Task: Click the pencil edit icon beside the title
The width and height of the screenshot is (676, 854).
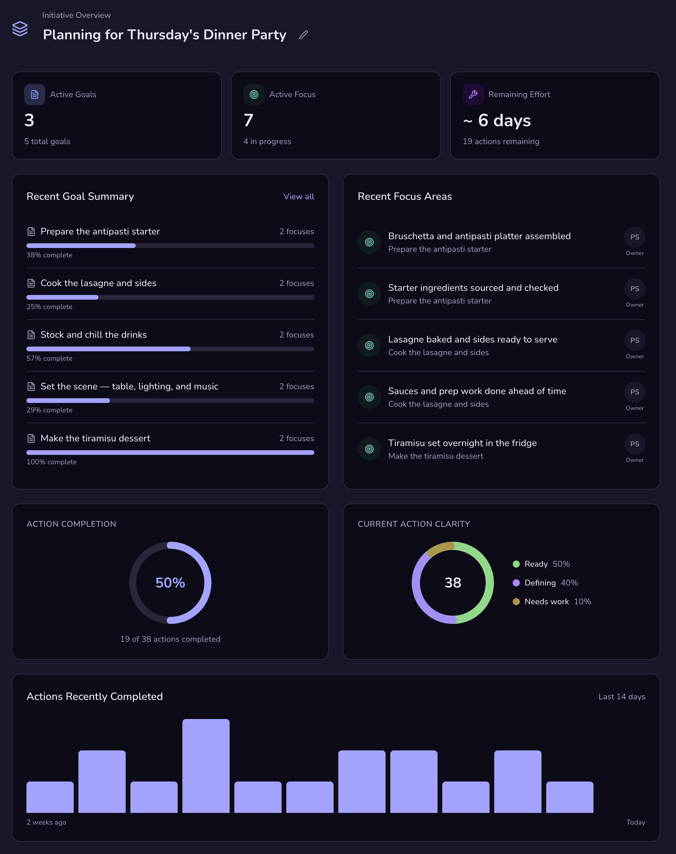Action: (x=304, y=35)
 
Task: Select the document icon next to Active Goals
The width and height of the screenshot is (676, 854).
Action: (x=34, y=94)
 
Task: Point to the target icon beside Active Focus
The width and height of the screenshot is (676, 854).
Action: (x=254, y=94)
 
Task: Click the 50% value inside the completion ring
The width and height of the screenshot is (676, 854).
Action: (x=170, y=583)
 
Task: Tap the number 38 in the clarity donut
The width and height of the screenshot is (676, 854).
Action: (x=453, y=583)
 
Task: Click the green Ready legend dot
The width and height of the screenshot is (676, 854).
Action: (x=516, y=564)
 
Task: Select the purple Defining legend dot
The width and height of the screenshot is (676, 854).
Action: (x=516, y=583)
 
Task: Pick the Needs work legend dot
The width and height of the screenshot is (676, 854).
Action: (x=516, y=602)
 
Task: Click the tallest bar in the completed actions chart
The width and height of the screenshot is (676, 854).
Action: (x=206, y=765)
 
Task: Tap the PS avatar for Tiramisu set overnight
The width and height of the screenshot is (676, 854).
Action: (x=634, y=444)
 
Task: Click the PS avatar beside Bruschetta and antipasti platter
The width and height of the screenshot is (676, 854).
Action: (x=634, y=237)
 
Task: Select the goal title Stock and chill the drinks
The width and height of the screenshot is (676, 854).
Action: (x=93, y=335)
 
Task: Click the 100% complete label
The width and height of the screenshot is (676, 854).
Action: (x=51, y=462)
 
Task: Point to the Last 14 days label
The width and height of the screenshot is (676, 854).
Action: (x=621, y=697)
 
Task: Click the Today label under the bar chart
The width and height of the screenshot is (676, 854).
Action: (x=635, y=822)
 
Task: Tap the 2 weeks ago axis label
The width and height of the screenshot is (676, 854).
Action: (x=46, y=822)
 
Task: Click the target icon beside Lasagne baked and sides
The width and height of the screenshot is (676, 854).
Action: (x=369, y=345)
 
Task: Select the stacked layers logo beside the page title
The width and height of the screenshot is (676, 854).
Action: (x=20, y=28)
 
